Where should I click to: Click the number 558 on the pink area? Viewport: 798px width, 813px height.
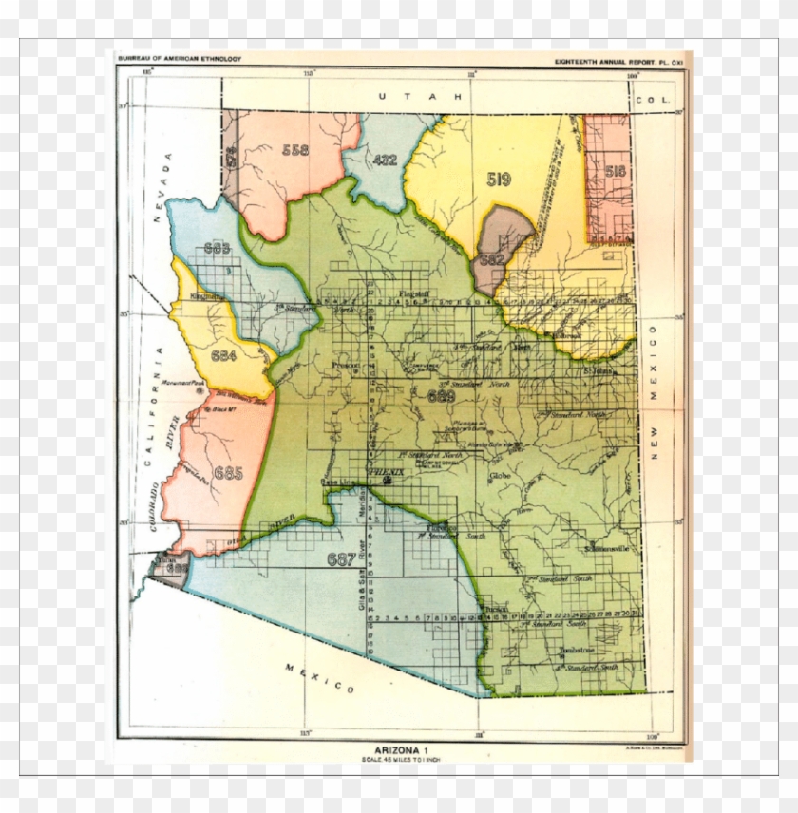pos(294,150)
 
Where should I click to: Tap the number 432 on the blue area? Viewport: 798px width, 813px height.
pos(385,160)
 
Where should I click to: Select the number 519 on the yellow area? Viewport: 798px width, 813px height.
pos(499,179)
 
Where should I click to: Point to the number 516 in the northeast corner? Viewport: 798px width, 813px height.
pos(615,171)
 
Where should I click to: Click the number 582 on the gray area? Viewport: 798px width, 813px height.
pos(492,258)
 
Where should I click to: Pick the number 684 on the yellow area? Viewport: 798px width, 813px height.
pos(224,356)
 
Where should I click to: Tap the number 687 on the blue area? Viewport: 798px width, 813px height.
pos(339,558)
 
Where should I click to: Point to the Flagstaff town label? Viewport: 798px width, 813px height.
pos(415,293)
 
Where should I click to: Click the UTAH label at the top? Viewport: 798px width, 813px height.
pos(418,97)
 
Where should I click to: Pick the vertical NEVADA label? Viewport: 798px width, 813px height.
pos(161,187)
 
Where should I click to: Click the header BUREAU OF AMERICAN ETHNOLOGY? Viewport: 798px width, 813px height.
pos(179,60)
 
